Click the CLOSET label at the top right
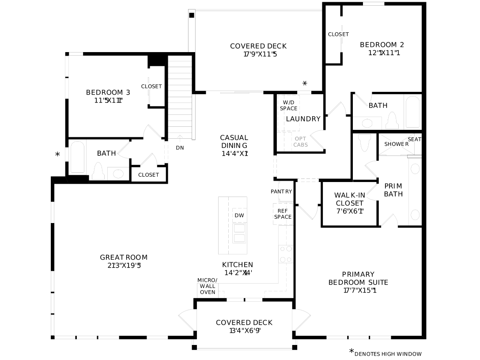[x=338, y=34]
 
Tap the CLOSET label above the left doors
[x=151, y=86]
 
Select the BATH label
[x=378, y=106]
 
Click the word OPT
[x=300, y=139]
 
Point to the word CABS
[x=301, y=145]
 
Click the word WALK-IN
[x=350, y=195]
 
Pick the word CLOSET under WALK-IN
[x=350, y=203]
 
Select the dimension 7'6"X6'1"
[x=350, y=211]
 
